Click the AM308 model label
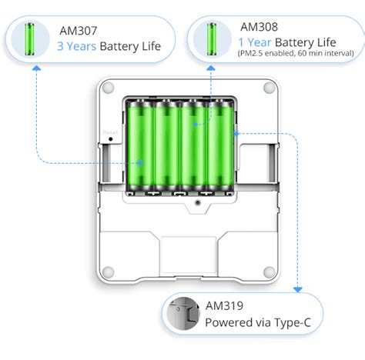point(257,26)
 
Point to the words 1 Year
point(254,41)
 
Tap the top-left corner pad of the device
point(109,88)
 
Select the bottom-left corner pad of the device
point(109,271)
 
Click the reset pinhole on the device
point(110,141)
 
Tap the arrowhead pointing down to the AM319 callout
point(298,291)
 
